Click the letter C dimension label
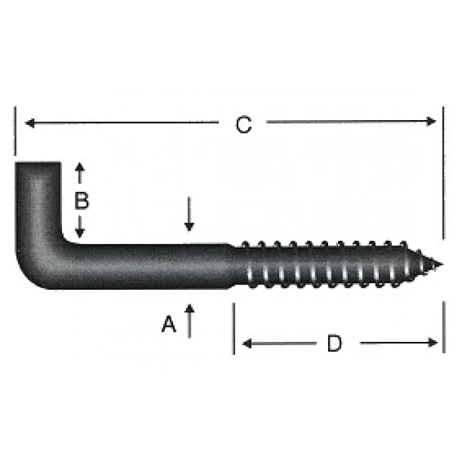click(x=244, y=125)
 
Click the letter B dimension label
click(x=81, y=200)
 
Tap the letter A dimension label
click(x=170, y=324)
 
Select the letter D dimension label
click(x=335, y=343)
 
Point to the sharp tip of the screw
click(x=440, y=265)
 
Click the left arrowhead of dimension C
click(x=28, y=122)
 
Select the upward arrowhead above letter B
click(x=80, y=167)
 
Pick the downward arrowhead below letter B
click(x=80, y=233)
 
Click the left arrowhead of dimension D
click(x=246, y=343)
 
